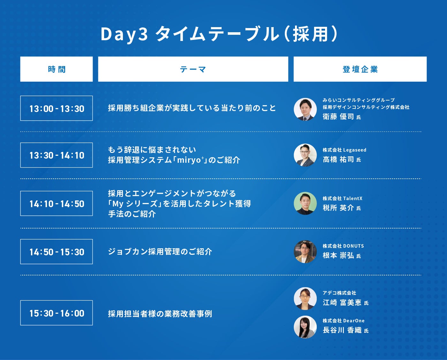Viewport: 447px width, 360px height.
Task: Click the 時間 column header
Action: point(57,69)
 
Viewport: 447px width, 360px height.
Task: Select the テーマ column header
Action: point(193,69)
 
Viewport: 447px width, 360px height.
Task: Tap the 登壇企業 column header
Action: point(360,69)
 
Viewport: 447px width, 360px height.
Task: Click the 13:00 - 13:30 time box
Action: point(57,108)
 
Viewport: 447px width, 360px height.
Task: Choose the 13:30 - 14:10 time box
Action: point(57,155)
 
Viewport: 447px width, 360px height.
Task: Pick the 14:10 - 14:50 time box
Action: point(57,204)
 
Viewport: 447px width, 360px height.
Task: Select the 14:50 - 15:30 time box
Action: point(57,251)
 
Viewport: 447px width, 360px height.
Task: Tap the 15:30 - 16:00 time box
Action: point(57,313)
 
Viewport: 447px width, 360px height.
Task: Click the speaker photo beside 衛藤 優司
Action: point(305,109)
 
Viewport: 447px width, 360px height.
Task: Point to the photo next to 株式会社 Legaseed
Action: point(305,155)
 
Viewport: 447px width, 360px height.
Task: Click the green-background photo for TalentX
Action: point(305,203)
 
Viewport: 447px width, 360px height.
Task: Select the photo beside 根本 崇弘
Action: point(305,251)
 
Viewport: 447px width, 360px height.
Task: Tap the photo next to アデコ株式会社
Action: point(305,298)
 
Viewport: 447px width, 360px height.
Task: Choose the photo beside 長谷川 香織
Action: point(305,327)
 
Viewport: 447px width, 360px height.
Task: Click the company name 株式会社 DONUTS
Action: point(343,246)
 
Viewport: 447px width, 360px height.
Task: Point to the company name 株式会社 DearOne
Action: point(344,321)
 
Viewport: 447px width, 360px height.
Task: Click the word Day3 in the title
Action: point(124,34)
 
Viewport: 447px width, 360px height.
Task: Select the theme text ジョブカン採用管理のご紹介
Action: point(160,252)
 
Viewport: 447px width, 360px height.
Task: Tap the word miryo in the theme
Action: point(188,160)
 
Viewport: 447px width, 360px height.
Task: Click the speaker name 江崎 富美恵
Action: point(342,303)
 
